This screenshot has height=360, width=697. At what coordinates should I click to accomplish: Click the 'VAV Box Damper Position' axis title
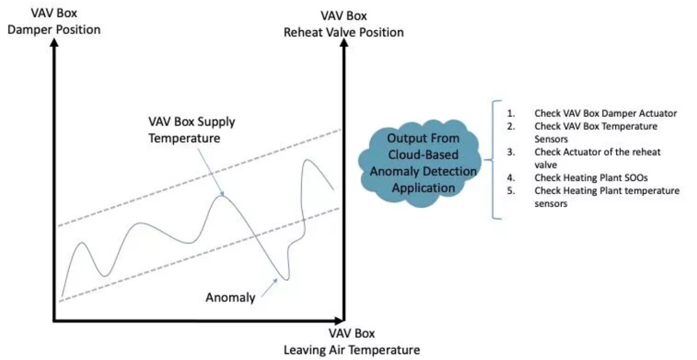[x=54, y=21]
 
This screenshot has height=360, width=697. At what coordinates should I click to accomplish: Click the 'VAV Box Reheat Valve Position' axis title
[x=344, y=24]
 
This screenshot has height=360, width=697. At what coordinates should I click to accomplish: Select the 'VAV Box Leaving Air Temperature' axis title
[x=351, y=342]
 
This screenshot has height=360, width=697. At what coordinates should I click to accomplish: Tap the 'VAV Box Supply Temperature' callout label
[x=192, y=130]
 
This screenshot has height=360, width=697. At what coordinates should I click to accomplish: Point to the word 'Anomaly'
[x=230, y=297]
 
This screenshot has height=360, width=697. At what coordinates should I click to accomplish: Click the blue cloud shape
[x=420, y=163]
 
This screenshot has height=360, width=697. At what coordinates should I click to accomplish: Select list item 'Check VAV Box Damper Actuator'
[x=605, y=113]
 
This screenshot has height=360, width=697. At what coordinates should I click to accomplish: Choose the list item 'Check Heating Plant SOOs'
[x=591, y=178]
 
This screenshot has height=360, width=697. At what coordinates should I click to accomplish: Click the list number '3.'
[x=511, y=152]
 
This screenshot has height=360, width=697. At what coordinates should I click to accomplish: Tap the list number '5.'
[x=511, y=190]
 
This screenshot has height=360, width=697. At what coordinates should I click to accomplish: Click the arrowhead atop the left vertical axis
[x=54, y=42]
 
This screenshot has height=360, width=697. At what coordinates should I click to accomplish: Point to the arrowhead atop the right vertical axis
[x=344, y=42]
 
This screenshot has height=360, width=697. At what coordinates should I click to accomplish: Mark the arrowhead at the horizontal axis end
[x=340, y=321]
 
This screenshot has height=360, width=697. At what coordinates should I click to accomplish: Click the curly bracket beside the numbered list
[x=493, y=160]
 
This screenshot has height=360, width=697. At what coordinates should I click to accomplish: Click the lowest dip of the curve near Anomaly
[x=285, y=279]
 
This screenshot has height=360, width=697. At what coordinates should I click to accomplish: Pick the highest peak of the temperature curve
[x=307, y=160]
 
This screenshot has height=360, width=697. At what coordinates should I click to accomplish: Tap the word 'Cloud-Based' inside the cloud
[x=423, y=155]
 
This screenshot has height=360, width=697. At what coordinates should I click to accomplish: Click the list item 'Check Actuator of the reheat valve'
[x=597, y=158]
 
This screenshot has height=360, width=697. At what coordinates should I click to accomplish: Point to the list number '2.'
[x=511, y=126]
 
